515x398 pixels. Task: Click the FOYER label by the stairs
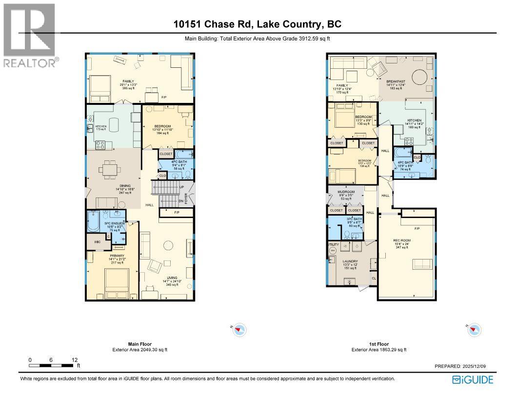(192, 199)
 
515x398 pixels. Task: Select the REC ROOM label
(400, 241)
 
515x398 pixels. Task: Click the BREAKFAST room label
(396, 81)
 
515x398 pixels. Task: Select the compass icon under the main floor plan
(238, 330)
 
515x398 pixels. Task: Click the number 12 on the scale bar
(74, 359)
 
